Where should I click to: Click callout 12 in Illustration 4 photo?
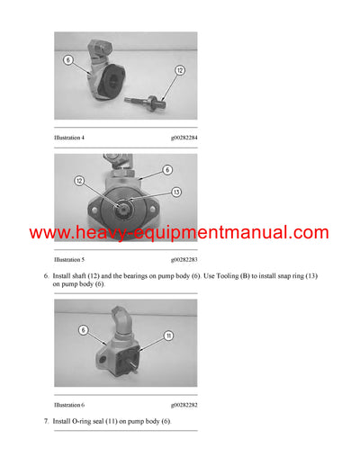[x=179, y=70]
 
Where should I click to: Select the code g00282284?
[x=180, y=138]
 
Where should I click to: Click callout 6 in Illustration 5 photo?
[x=167, y=169]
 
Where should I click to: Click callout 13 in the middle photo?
[x=176, y=191]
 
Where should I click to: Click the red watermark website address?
[x=179, y=233]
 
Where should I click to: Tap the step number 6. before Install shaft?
[x=46, y=274]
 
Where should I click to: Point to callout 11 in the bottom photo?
[x=167, y=336]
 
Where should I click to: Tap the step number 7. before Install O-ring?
[x=46, y=421]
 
